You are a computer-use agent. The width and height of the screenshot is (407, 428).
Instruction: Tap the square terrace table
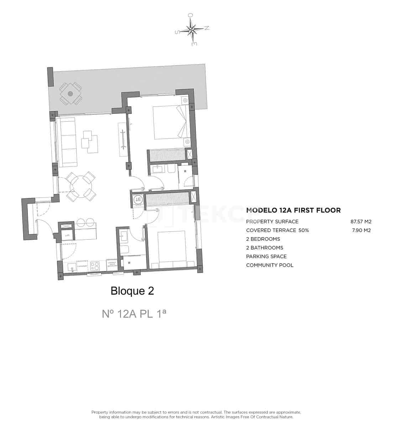(71, 93)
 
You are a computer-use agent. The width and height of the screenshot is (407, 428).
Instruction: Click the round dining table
(81, 185)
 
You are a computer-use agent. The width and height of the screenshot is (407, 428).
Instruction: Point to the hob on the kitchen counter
(95, 266)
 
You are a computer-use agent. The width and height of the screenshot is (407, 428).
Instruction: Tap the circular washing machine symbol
(138, 200)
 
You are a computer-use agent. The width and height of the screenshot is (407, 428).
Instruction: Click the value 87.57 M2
(361, 221)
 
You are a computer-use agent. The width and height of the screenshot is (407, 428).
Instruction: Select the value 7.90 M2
(361, 230)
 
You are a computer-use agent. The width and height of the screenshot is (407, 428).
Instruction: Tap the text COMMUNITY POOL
(270, 265)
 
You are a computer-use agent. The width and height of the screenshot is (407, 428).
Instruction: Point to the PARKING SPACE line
(266, 256)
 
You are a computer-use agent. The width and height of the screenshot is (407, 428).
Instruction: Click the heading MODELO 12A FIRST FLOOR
(293, 210)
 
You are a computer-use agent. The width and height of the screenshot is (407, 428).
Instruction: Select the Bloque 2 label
(132, 291)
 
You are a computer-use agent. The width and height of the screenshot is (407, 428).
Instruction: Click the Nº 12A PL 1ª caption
(134, 314)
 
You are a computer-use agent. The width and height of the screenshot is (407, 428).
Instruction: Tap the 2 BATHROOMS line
(265, 248)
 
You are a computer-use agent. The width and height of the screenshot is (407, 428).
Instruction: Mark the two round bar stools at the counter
(85, 222)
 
